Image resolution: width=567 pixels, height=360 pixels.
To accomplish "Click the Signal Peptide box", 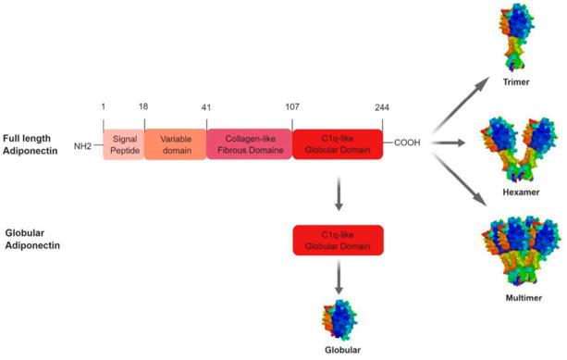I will coord(123,143).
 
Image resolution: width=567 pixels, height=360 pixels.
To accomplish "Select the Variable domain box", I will coord(175,143).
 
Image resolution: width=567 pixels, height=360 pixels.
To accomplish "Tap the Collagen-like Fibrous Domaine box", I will coord(249,143).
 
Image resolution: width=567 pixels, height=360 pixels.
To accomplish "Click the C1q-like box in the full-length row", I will coord(338,143).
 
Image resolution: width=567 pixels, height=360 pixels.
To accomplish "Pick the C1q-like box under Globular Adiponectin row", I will coord(338,239).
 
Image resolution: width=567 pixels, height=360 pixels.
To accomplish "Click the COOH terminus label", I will coord(408,143).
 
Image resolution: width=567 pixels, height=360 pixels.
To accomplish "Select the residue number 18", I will coord(142,106).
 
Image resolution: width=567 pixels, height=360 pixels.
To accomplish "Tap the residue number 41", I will coord(206,106).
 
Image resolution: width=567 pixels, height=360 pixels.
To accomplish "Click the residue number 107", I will coord(292,106).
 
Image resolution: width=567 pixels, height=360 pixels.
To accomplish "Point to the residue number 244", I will coord(382,106).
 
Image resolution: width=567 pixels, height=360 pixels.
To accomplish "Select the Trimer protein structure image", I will coord(511,40).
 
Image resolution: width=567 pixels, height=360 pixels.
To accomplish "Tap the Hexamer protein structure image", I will coord(511,149).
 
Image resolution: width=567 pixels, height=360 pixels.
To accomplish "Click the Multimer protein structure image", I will coord(512,249).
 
